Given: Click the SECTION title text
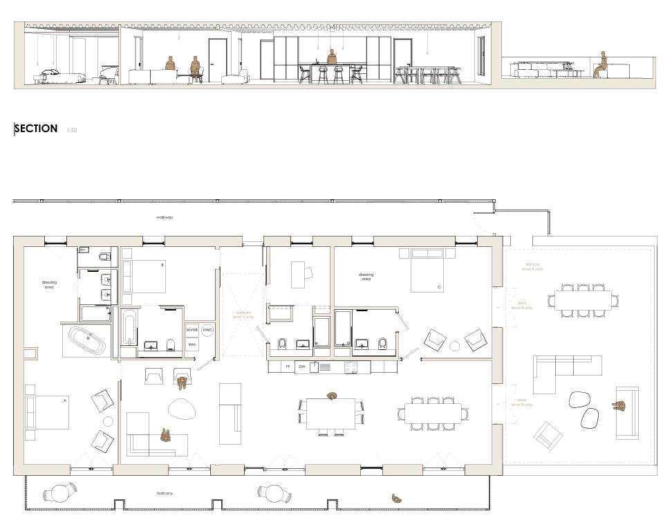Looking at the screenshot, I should coord(36,129).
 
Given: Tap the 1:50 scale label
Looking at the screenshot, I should coord(72,130).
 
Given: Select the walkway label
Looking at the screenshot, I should coord(165,217).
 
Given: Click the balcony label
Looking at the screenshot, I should coord(164,493).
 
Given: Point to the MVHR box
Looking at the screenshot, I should coord(192,331).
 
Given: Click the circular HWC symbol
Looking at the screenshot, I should coord(207,331).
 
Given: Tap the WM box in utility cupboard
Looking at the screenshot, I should coord(192,344).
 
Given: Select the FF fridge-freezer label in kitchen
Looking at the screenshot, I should coord(288,367).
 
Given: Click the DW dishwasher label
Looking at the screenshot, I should coord(302,367).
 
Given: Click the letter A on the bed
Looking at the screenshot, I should coord(65,400).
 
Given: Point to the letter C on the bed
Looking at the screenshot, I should coord(438,286).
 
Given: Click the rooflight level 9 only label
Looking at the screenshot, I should coord(244,315).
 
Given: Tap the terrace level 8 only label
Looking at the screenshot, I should coord(533,266).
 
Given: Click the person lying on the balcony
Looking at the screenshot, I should coord(397,498).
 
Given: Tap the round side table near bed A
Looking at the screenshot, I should coord(108,421).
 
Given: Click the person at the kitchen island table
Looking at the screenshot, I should coord(333,396).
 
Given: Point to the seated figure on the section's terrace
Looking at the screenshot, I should coord(602,64).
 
